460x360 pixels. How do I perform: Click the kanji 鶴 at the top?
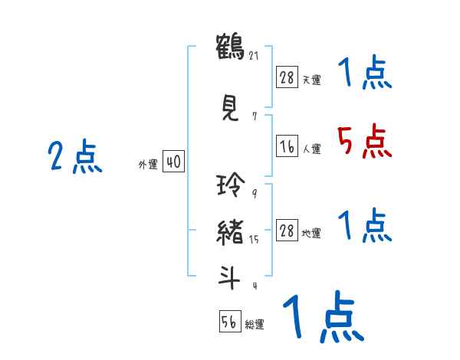point(229,47)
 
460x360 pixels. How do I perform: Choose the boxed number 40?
point(173,162)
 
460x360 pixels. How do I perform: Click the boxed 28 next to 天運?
point(287,78)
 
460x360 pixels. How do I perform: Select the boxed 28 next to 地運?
point(287,231)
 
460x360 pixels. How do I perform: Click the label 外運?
point(148,164)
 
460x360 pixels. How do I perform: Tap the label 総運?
point(255,325)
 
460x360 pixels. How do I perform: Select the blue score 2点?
point(74,158)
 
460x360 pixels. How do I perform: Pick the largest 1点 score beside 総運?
point(321,317)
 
